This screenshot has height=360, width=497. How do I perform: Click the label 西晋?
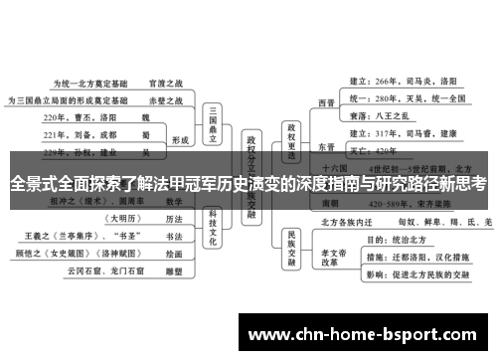click(x=326, y=101)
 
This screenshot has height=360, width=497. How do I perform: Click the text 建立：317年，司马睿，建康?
click(x=405, y=132)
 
